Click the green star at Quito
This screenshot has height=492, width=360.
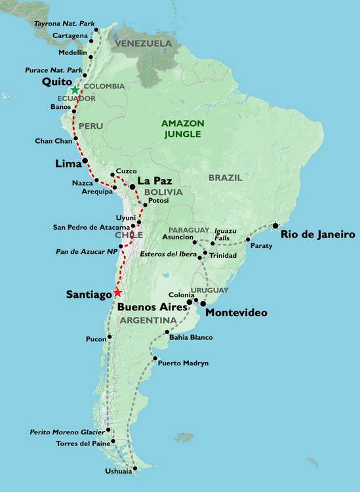point(75,89)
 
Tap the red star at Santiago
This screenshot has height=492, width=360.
point(117,293)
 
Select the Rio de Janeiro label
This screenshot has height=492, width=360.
point(317,234)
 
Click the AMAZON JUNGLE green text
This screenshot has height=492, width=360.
point(183,129)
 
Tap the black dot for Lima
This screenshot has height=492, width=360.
point(85,161)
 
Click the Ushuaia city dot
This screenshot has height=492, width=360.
point(135,469)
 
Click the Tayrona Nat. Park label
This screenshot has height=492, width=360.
point(63,23)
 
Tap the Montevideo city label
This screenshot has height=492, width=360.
point(236,313)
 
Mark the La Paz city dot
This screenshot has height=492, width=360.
point(132,187)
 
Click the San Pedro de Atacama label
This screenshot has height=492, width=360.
point(91,227)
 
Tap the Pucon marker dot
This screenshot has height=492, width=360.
point(110,337)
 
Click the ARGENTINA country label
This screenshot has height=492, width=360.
point(148,319)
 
